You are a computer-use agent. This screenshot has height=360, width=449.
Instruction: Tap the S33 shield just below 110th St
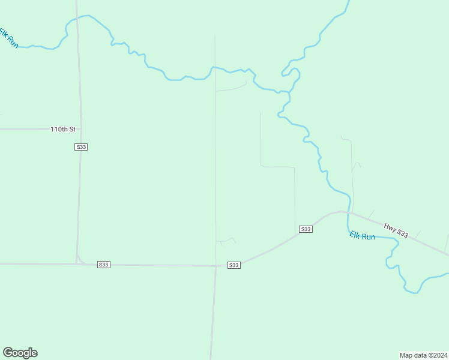[x=81, y=147]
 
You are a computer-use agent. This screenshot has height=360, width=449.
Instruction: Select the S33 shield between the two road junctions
[x=103, y=265]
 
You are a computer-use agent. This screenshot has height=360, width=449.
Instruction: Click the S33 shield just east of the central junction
[x=234, y=265]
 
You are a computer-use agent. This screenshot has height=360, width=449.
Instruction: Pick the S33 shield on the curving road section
[x=306, y=229]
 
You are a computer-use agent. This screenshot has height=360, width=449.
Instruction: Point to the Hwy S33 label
[x=396, y=230]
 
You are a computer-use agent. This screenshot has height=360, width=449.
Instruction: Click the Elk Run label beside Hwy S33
[x=363, y=236]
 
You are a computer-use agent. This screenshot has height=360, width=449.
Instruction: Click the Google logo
[x=20, y=353]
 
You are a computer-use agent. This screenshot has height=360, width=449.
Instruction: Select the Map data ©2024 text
[x=423, y=355]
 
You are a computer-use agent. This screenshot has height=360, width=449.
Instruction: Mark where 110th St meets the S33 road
[x=80, y=129]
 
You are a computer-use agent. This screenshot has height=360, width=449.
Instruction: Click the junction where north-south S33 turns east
[x=77, y=263]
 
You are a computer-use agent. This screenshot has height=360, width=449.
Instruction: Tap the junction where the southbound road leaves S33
[x=215, y=266]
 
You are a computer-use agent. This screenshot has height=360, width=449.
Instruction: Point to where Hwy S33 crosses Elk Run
[x=348, y=213]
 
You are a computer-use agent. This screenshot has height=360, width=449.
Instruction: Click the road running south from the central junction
[x=212, y=312]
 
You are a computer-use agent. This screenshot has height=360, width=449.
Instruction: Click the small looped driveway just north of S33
[x=226, y=241]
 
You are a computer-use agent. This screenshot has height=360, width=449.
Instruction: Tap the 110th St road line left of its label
[x=24, y=129]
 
